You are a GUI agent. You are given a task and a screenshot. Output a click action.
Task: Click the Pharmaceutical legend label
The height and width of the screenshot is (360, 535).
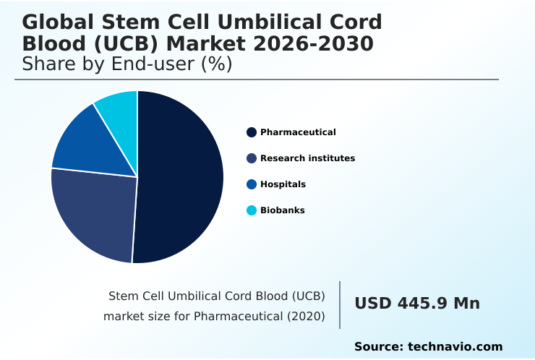tap(298, 132)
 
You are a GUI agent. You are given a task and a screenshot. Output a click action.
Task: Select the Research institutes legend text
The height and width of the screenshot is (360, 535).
tap(307, 158)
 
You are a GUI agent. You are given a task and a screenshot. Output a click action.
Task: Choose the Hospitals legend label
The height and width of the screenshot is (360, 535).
tap(283, 184)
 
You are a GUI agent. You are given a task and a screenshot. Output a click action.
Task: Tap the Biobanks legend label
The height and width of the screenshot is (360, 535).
tap(282, 210)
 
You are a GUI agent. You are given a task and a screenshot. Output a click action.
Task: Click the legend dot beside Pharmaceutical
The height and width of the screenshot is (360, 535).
tap(252, 132)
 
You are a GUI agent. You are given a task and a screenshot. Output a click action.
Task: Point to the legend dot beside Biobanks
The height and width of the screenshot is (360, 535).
tap(252, 210)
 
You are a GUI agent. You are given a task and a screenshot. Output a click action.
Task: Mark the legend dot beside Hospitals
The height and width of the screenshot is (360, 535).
tap(252, 184)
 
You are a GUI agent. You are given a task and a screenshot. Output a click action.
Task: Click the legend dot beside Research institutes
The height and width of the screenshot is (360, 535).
tap(252, 158)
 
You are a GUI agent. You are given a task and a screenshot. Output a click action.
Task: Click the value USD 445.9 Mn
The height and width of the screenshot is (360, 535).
tap(417, 304)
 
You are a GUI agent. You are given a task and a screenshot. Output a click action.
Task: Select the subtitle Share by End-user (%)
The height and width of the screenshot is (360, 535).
tap(127, 64)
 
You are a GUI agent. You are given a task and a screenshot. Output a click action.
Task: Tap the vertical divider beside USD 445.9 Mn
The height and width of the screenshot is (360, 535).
tap(340, 305)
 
